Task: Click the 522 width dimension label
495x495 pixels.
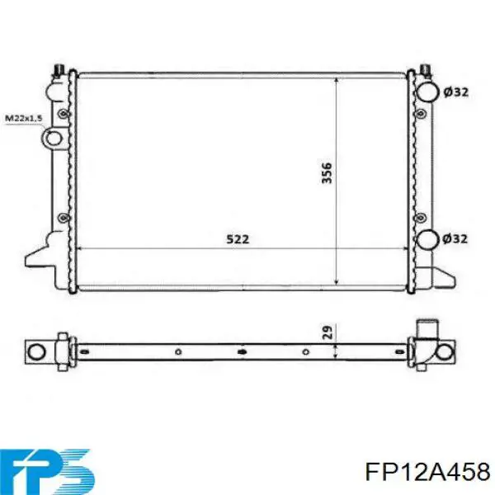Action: click(238, 239)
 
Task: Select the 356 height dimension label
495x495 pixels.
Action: click(327, 172)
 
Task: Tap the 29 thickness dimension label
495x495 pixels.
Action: click(328, 332)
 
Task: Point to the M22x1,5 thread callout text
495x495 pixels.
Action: click(24, 118)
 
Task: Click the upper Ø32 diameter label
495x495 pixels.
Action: click(456, 92)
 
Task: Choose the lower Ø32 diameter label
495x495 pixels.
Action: click(455, 239)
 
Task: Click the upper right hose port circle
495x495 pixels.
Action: click(427, 92)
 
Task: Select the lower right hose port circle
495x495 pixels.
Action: click(427, 239)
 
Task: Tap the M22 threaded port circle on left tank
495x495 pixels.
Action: click(54, 139)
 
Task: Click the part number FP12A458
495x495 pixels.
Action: click(427, 472)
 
